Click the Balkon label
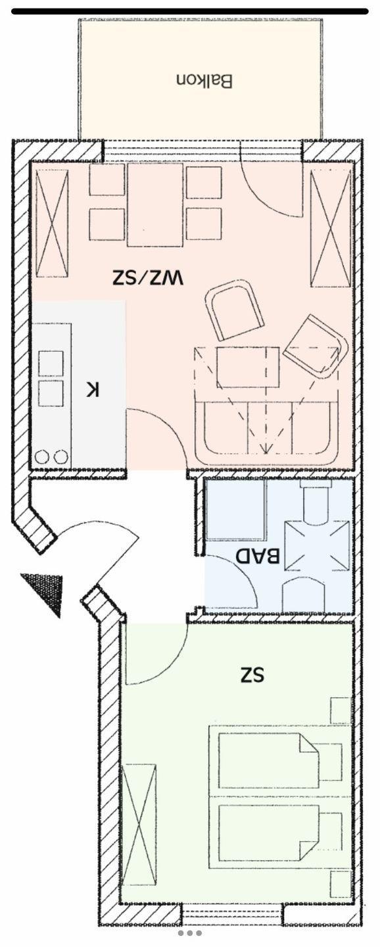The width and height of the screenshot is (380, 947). [204, 81]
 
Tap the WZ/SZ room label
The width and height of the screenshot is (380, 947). [148, 278]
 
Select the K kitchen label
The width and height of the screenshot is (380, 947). [93, 389]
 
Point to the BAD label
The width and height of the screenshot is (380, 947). [258, 556]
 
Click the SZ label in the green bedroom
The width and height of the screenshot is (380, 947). [252, 674]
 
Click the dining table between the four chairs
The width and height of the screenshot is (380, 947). [155, 205]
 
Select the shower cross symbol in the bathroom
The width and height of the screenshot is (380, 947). [318, 546]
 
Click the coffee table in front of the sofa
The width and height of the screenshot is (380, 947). [248, 366]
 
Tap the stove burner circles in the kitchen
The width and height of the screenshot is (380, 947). [51, 456]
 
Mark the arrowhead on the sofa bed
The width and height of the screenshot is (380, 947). [265, 449]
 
